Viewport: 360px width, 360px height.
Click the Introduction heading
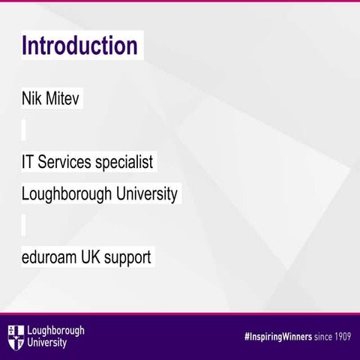79,46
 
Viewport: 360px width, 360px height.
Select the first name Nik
33,99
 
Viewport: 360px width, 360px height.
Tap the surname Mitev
63,99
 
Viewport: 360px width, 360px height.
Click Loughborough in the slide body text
67,194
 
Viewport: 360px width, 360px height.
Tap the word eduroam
49,257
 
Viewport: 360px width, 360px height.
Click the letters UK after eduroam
93,257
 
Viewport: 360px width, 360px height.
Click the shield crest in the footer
15,336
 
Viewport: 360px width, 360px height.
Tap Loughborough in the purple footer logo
55,330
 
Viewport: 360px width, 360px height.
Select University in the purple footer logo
46,343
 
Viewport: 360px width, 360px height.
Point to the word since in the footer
316,335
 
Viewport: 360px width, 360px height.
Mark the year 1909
340,335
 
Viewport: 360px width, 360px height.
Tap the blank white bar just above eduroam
24,224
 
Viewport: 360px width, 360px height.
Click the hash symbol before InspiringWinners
227,335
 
